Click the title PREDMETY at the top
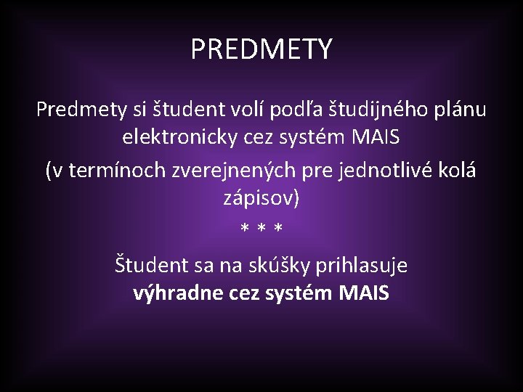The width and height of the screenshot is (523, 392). point(261,49)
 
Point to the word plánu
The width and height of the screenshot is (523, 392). point(460,110)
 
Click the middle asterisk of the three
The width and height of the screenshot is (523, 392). point(261,229)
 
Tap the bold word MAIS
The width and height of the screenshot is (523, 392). point(364,293)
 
